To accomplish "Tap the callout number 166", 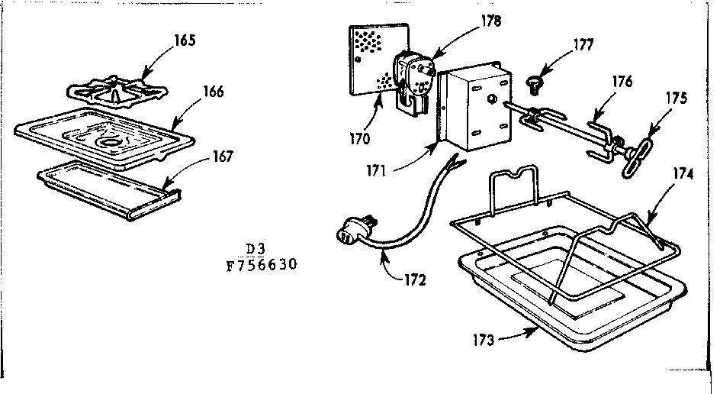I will [x=214, y=92].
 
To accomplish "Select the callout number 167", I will [x=223, y=157].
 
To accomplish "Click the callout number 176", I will [x=622, y=82].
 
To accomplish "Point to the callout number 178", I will [x=492, y=21].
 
